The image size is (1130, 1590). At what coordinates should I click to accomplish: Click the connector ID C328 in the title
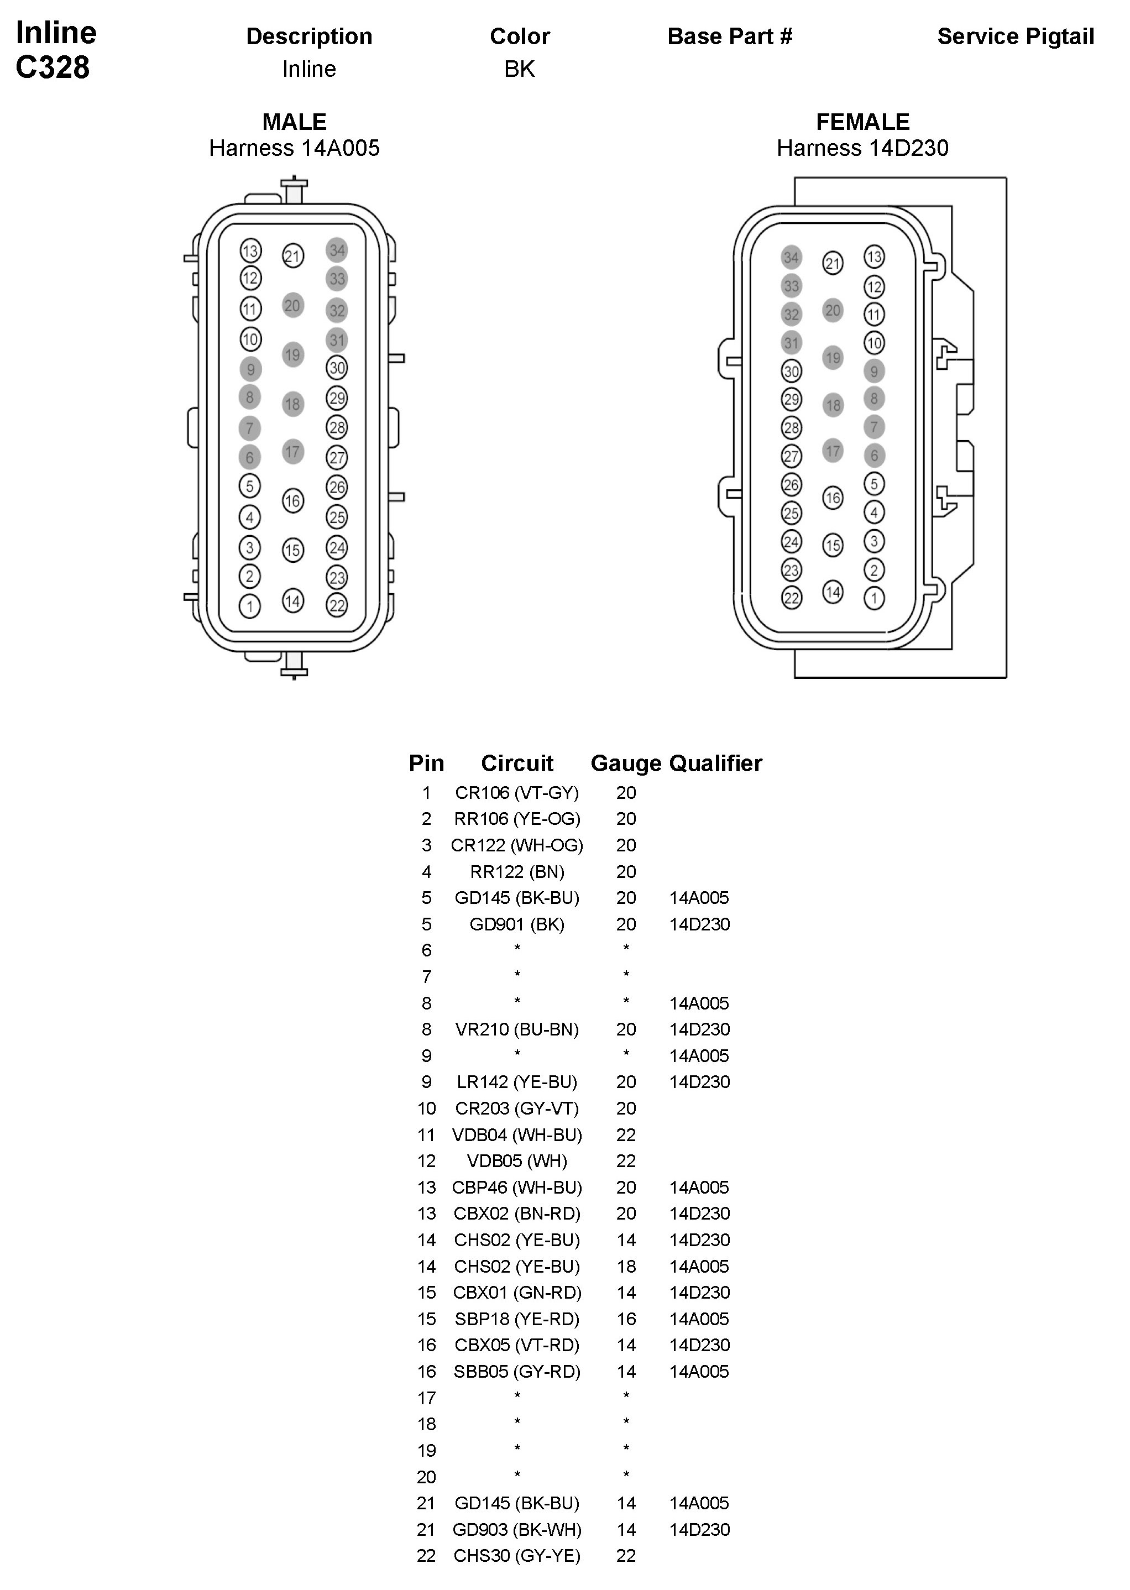[53, 67]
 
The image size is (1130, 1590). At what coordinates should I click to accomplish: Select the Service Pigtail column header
[1015, 36]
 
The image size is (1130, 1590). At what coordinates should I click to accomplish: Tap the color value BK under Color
[519, 69]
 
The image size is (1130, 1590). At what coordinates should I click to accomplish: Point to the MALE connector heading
[294, 122]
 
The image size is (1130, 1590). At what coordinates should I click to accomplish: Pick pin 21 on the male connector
[293, 256]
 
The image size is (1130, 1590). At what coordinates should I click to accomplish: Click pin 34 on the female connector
[791, 258]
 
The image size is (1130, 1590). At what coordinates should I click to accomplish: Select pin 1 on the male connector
[250, 606]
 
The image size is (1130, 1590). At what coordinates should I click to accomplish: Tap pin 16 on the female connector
[833, 498]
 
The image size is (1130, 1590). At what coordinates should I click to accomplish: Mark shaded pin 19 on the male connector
[293, 355]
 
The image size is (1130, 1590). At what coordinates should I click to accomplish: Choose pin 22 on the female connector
[791, 598]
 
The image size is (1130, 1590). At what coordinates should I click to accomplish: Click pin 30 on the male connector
[337, 368]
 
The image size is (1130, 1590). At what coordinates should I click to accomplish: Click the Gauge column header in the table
[626, 763]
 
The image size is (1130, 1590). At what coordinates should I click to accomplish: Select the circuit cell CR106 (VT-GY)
[517, 793]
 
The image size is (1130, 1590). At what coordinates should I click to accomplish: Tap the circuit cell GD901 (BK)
[517, 924]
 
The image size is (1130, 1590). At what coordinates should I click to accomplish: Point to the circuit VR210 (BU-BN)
[517, 1029]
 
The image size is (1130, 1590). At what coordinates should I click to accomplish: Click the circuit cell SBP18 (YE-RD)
[517, 1319]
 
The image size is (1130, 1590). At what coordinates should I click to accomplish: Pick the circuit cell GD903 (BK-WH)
[517, 1529]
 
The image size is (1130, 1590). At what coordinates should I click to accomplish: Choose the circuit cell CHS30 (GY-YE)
[517, 1556]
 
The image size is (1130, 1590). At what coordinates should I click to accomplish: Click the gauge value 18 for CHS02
[626, 1267]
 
